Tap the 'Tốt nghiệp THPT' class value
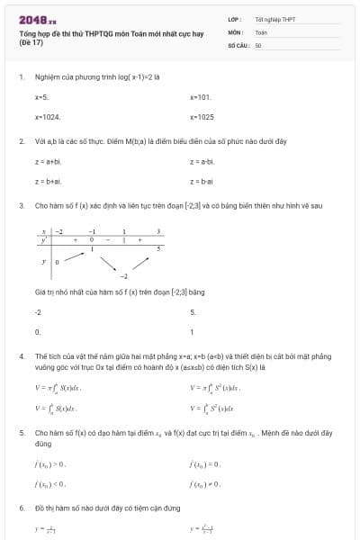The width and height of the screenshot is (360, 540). [x=274, y=19]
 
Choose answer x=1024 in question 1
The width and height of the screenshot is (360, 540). [x=48, y=117]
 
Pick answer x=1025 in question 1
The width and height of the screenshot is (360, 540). [x=202, y=117]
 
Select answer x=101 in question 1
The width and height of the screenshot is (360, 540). [x=201, y=95]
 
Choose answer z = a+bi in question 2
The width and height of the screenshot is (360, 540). [x=48, y=161]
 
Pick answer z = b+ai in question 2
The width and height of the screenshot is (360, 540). [x=48, y=181]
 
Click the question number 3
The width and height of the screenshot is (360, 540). [x=21, y=205]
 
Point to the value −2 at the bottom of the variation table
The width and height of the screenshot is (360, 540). [x=125, y=276]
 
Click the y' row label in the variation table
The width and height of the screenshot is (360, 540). [x=43, y=239]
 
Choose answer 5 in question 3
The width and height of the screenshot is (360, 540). [x=193, y=312]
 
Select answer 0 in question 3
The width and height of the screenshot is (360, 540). [x=37, y=332]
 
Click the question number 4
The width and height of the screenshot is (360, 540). [x=21, y=356]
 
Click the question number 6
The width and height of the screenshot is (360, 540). [x=21, y=508]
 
